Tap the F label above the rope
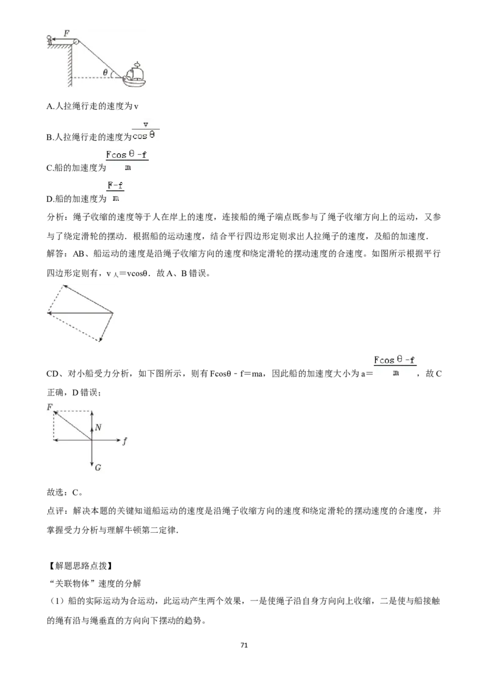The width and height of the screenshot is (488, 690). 66,33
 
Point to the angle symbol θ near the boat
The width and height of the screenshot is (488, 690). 106,72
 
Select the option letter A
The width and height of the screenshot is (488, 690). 49,107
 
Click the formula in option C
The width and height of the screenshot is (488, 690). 127,161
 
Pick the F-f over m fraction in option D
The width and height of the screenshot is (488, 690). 115,191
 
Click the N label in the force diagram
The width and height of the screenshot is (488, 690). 98,427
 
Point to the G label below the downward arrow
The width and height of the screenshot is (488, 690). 98,468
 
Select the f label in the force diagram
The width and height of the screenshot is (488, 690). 125,441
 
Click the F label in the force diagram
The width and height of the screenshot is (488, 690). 50,408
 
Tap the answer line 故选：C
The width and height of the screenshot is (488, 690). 64,493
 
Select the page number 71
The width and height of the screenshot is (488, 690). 244,645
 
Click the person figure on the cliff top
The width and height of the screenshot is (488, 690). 49,40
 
